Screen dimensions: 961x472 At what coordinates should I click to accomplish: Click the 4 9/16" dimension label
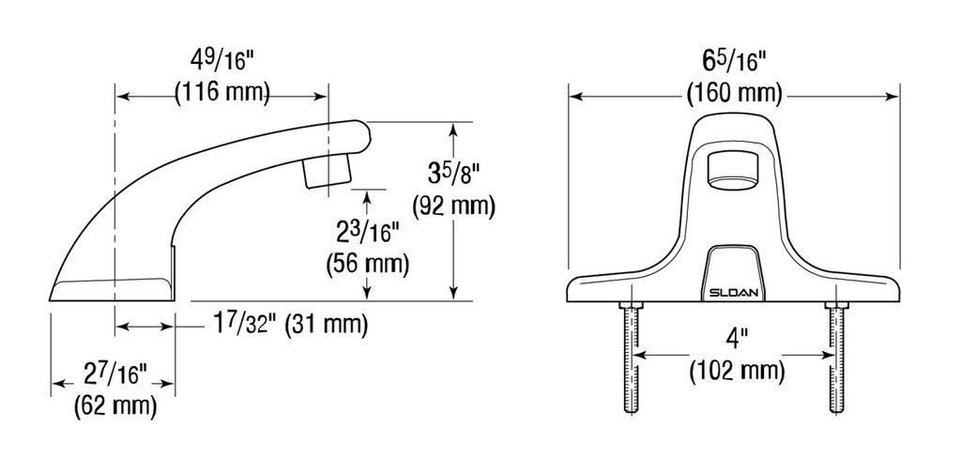pyautogui.click(x=221, y=61)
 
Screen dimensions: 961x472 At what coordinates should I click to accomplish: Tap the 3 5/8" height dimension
pyautogui.click(x=453, y=175)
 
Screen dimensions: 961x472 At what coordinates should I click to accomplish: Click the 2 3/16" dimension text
pyautogui.click(x=367, y=233)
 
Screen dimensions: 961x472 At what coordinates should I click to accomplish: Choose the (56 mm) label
pyautogui.click(x=367, y=264)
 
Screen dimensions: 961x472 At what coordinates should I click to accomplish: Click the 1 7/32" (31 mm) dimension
pyautogui.click(x=290, y=325)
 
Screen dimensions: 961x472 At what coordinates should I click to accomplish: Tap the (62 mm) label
pyautogui.click(x=115, y=407)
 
